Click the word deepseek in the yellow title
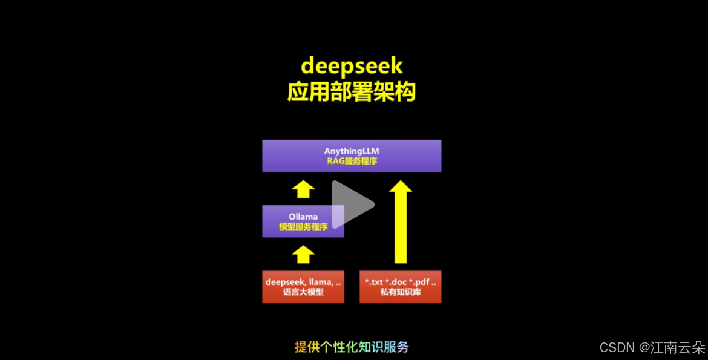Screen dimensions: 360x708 click(x=352, y=66)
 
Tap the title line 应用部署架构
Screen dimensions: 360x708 click(x=352, y=93)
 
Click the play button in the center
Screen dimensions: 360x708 click(x=352, y=205)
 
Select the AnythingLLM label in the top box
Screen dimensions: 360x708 click(x=352, y=151)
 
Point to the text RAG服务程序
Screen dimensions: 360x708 click(x=352, y=161)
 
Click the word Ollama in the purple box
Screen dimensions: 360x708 click(x=303, y=216)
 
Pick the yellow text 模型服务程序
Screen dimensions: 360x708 click(x=303, y=226)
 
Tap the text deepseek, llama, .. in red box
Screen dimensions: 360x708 click(x=303, y=282)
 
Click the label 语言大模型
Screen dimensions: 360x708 click(x=303, y=292)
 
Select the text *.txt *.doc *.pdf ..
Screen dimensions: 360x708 click(x=400, y=282)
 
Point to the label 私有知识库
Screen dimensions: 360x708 click(x=400, y=292)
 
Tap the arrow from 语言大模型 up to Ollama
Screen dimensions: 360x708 click(x=303, y=254)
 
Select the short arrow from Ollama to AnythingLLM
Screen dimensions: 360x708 click(x=303, y=189)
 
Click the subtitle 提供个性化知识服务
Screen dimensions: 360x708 click(x=352, y=347)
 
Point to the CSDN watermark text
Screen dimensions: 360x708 click(x=616, y=347)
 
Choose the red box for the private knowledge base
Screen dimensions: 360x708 click(x=400, y=287)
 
